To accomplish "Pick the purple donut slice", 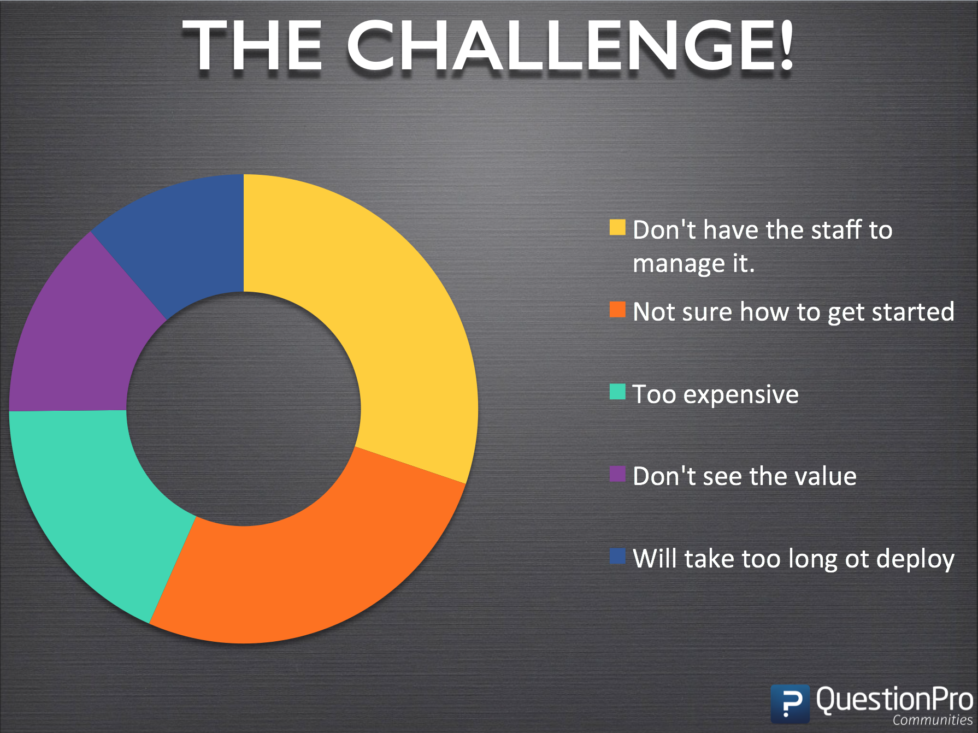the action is click(x=71, y=339).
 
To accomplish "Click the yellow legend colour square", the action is click(x=617, y=227).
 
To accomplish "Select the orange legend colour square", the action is click(x=617, y=309).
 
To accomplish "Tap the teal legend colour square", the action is click(x=617, y=392).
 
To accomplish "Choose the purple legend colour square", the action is click(x=617, y=474).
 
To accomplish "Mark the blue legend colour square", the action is click(x=617, y=556).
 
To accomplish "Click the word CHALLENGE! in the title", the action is click(x=570, y=46).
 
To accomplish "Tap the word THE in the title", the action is click(x=252, y=46).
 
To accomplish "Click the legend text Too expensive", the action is click(x=716, y=394).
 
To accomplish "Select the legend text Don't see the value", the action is click(x=745, y=476).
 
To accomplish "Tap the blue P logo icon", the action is click(x=790, y=704).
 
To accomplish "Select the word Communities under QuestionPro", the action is click(x=933, y=720).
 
